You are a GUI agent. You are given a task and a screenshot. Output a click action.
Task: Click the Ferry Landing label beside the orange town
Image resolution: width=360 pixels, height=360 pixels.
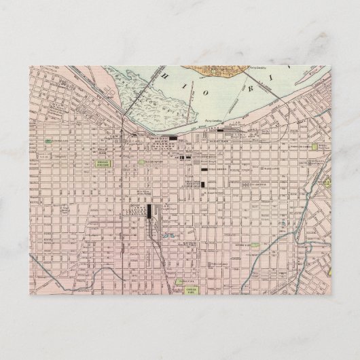click(x=260, y=69)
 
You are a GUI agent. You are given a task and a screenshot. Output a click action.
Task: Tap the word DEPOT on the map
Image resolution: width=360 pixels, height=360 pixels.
click(x=134, y=204)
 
